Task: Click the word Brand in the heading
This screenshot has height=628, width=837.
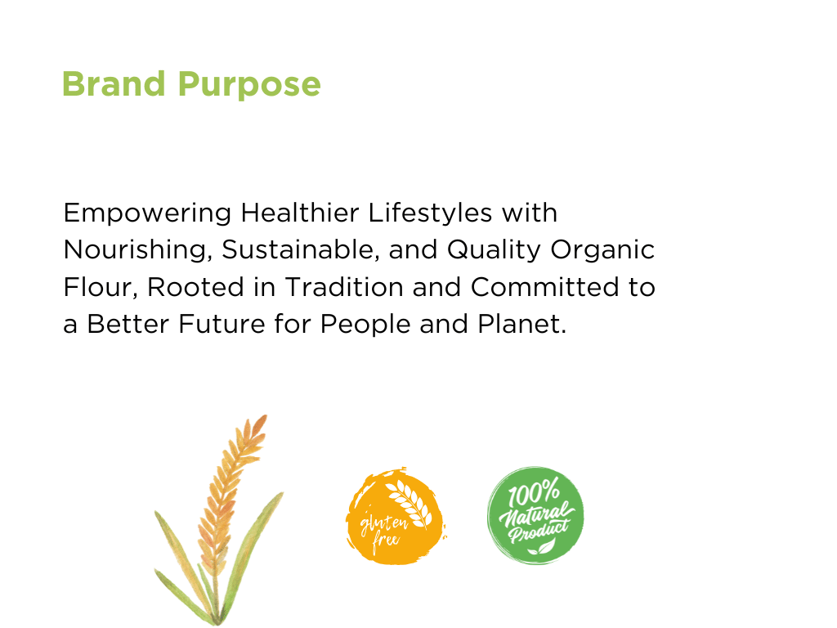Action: (114, 84)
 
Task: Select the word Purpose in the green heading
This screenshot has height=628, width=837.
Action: (248, 86)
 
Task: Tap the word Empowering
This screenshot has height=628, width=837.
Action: (147, 214)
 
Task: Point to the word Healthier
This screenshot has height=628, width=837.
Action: (299, 213)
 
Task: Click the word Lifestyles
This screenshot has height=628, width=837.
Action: (430, 214)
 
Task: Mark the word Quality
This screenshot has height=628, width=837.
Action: (494, 251)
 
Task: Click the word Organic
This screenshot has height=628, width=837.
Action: (602, 251)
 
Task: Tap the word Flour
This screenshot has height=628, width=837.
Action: (101, 287)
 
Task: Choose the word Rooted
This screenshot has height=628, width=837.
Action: (195, 287)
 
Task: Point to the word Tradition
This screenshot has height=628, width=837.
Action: (344, 287)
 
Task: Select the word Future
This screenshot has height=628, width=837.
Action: (222, 324)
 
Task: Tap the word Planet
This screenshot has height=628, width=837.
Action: (522, 324)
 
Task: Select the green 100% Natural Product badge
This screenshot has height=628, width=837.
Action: (535, 515)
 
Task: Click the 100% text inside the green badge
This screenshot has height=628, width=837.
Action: (534, 491)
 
